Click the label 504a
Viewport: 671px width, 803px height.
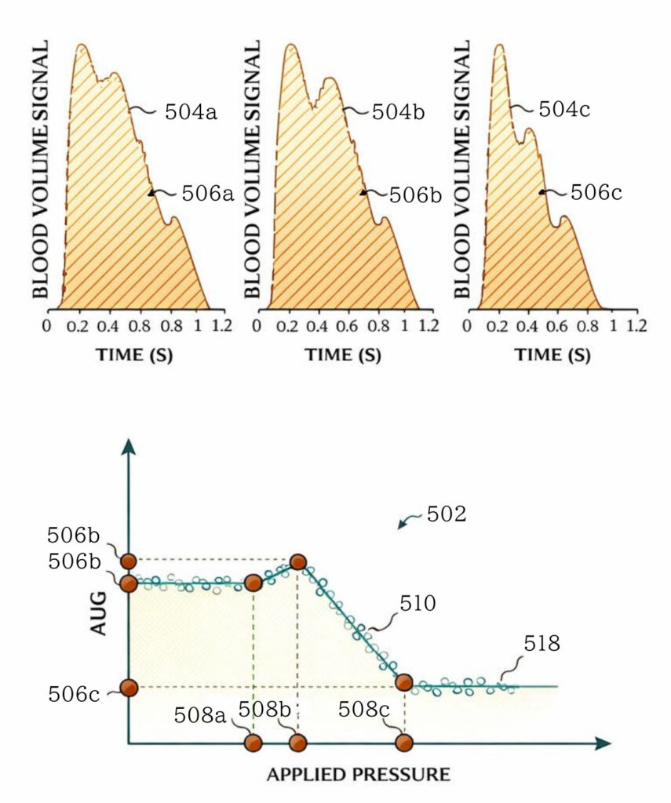(x=190, y=111)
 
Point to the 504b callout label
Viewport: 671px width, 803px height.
(x=398, y=111)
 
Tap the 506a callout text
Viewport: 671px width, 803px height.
(x=208, y=193)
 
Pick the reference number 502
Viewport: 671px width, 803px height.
(x=447, y=514)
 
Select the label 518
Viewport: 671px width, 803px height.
(x=542, y=645)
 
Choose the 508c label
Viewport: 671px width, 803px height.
(x=364, y=710)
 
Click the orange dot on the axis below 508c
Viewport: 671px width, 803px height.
(x=403, y=742)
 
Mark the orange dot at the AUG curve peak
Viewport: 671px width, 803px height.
(x=297, y=561)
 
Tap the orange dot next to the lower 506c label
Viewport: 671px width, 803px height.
(x=129, y=688)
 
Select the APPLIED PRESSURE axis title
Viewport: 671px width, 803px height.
(x=359, y=775)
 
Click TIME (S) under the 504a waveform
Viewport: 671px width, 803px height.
(x=134, y=354)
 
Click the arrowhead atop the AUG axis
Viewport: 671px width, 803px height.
(x=129, y=446)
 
